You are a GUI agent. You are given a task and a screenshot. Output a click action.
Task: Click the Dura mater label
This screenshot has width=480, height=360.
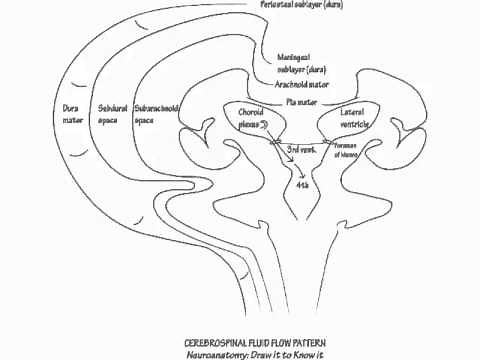[x=69, y=113]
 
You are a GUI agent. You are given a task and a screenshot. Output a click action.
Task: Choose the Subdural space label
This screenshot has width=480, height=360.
[x=113, y=113]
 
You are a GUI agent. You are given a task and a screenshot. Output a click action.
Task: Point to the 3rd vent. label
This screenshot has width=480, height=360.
[x=301, y=148]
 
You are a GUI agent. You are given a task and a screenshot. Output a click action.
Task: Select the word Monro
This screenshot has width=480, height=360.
[x=381, y=153]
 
